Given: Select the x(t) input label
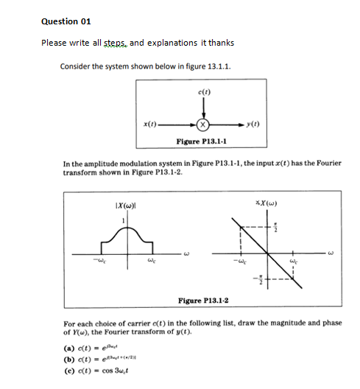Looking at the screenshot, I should click(x=150, y=123).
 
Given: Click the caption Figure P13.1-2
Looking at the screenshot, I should click(x=202, y=300).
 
